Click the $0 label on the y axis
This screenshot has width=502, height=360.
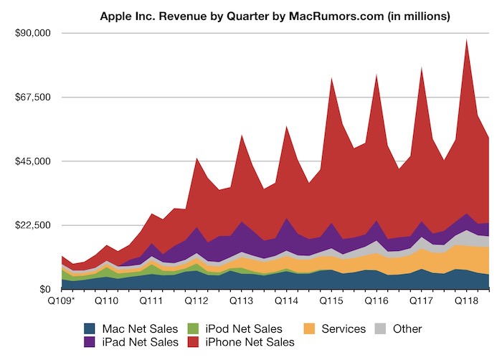[42, 289]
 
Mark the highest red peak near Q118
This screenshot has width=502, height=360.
[467, 40]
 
